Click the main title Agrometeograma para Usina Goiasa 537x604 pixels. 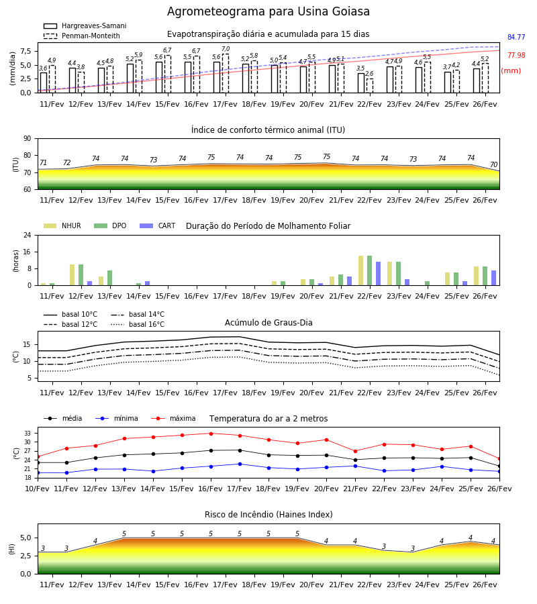pyautogui.click(x=268, y=11)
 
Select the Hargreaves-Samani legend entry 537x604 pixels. pyautogui.click(x=85, y=26)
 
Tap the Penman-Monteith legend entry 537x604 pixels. pyautogui.click(x=82, y=36)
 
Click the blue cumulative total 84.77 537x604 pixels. pyautogui.click(x=516, y=37)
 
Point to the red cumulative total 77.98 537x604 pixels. pyautogui.click(x=516, y=55)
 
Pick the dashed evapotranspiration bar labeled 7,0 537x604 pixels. pyautogui.click(x=226, y=73)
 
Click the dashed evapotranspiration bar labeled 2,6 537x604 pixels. pyautogui.click(x=370, y=85)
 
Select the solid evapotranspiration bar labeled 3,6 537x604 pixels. pyautogui.click(x=44, y=83)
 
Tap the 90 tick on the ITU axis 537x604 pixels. pyautogui.click(x=28, y=138)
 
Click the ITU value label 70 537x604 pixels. pyautogui.click(x=493, y=164)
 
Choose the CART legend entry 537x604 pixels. pyautogui.click(x=158, y=225)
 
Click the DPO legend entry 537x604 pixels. pyautogui.click(x=110, y=225)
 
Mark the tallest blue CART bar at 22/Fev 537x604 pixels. pyautogui.click(x=379, y=274)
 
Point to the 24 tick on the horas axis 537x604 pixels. pyautogui.click(x=28, y=235)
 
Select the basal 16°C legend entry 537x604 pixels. pyautogui.click(x=138, y=324)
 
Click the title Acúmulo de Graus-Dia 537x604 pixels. pyautogui.click(x=268, y=322)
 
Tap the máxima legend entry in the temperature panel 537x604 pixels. pyautogui.click(x=174, y=418)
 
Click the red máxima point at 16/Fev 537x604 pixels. pyautogui.click(x=211, y=434)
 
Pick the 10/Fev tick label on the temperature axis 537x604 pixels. pyautogui.click(x=38, y=489)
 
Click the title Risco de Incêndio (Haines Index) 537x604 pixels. pyautogui.click(x=268, y=514)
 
